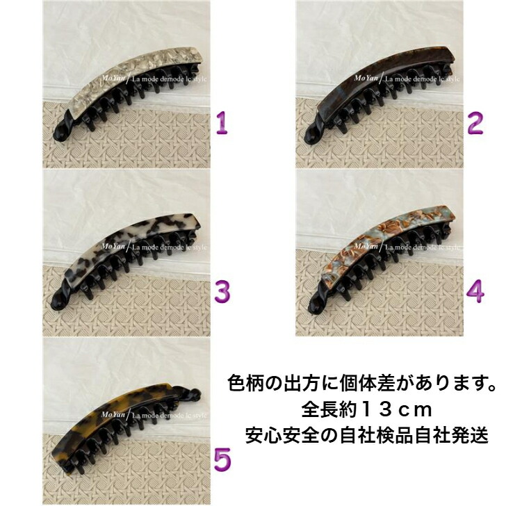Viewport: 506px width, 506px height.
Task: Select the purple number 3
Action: point(222,291)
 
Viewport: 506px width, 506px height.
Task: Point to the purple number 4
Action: point(475,291)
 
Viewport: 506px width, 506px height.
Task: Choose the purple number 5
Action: point(222,459)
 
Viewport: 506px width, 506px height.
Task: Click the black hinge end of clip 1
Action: point(58,132)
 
